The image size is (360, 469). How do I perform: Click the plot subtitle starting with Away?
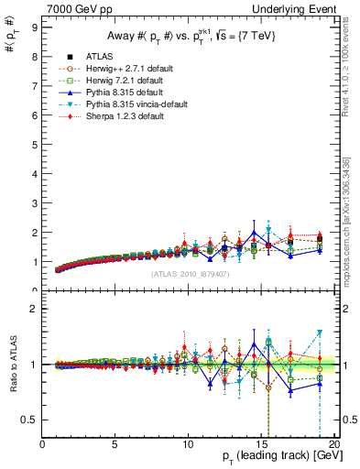point(183,37)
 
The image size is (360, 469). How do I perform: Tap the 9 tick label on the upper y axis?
point(35,27)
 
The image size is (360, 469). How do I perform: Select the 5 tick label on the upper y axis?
point(35,145)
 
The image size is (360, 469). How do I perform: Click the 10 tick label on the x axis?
point(188,446)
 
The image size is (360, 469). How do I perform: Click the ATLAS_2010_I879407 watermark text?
point(183,273)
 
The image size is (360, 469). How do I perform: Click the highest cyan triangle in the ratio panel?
point(320,333)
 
